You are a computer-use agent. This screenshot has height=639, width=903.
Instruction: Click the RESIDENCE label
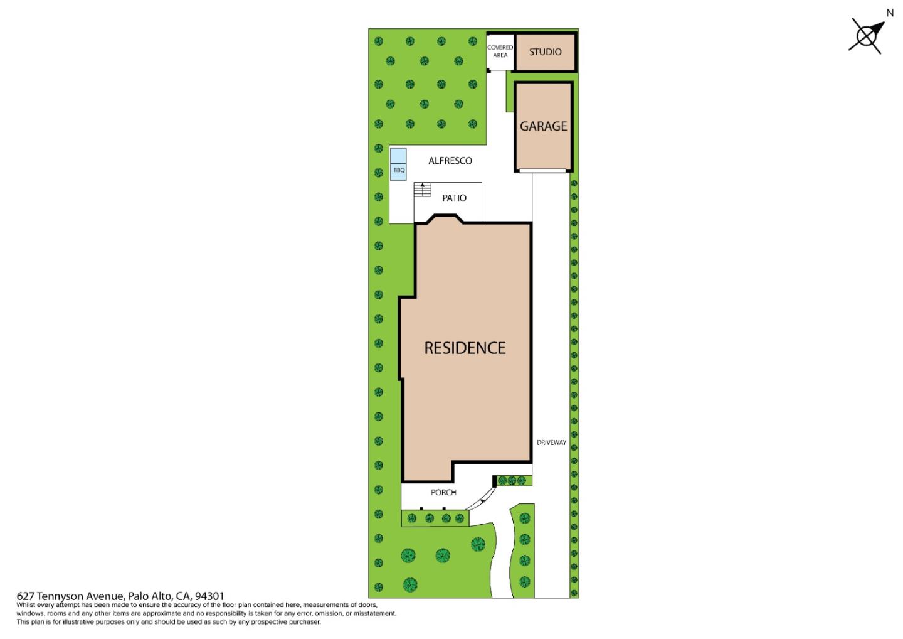coord(465,348)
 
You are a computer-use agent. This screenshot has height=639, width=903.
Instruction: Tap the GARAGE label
coord(543,126)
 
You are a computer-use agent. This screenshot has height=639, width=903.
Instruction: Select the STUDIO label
coord(545,52)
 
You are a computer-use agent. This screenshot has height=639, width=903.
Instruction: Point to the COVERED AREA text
coord(500,51)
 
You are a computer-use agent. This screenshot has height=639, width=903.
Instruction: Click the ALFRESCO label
coord(450,161)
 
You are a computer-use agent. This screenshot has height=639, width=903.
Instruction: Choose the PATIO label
coord(454,198)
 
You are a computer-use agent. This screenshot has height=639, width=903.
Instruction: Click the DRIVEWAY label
coord(551,443)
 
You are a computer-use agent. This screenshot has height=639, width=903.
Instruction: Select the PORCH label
coord(443,493)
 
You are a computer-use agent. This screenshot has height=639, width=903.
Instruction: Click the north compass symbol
coord(867,36)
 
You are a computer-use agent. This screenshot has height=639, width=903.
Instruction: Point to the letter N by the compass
coord(889,13)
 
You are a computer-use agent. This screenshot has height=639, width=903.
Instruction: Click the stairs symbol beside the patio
coord(423,190)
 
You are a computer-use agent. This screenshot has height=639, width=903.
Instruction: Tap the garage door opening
coord(543,170)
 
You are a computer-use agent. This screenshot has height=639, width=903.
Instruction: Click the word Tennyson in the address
coord(61,596)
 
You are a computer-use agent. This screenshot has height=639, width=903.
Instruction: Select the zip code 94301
coord(209,596)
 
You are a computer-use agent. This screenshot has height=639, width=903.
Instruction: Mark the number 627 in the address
coord(25,596)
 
